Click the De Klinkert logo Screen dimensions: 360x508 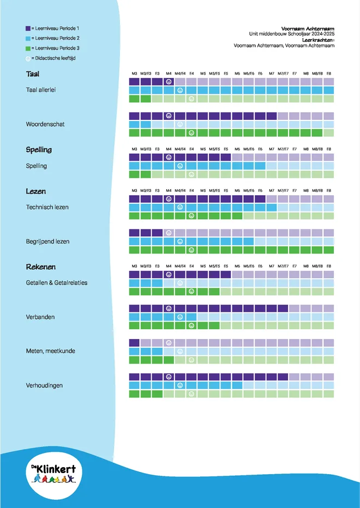(x=54, y=474)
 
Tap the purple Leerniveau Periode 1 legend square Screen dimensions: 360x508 (x=28, y=28)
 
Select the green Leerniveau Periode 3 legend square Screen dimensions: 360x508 (x=28, y=49)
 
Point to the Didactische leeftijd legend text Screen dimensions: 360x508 (x=56, y=58)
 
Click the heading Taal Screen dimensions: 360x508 (x=33, y=74)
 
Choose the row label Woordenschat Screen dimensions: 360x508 (x=45, y=124)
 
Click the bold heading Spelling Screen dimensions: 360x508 (x=39, y=150)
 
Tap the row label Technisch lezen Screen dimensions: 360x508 (x=47, y=207)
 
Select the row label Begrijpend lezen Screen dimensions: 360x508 (x=47, y=241)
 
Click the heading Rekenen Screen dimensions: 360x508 (x=40, y=267)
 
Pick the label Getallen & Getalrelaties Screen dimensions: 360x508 (x=57, y=283)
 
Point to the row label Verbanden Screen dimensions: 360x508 (x=40, y=317)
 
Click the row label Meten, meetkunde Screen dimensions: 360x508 (x=50, y=351)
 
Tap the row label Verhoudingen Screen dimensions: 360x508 (x=44, y=385)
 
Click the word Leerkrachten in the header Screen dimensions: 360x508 (x=317, y=40)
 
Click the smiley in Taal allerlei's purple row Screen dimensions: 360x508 (x=169, y=82)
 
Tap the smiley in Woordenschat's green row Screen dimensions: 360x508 (x=191, y=133)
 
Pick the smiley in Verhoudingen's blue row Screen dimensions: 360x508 (x=180, y=385)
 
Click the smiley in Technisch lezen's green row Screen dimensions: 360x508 (x=191, y=215)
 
